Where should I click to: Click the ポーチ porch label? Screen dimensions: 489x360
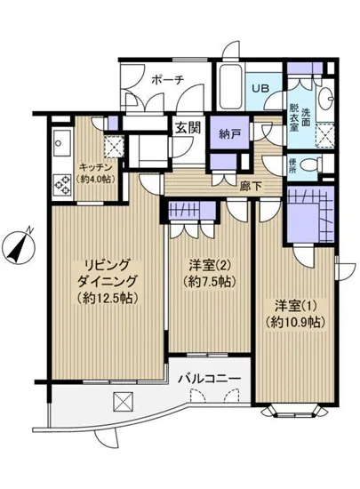pos(167,79)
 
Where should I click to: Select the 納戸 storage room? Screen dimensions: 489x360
pos(230,136)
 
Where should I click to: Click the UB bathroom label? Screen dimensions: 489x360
pos(264,89)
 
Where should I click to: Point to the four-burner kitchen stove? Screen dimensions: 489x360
pos(64,185)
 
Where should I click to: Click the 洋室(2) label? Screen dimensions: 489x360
pos(209,264)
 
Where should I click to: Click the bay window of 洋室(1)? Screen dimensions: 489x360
pos(295,411)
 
